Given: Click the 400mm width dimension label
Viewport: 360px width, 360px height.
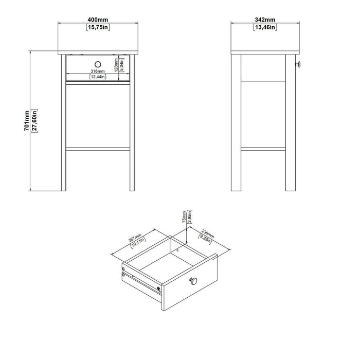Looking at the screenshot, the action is point(98,20).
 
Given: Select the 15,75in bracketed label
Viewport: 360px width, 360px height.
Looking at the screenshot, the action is point(98,27).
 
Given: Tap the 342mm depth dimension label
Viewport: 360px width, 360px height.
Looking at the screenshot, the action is point(265,20).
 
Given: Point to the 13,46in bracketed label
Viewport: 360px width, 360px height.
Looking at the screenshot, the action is point(265,27).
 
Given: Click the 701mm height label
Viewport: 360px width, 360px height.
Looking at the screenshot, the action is point(27,121).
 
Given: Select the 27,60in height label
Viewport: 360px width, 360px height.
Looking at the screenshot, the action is point(34,121).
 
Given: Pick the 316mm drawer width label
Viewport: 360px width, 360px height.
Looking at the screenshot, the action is point(98,71).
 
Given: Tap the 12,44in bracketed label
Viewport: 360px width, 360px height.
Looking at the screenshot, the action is point(98,77).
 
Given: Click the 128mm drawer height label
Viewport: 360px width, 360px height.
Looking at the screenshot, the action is point(116,65).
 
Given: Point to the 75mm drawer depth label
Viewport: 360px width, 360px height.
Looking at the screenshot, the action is point(184,217).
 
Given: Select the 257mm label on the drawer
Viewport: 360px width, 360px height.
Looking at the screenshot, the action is point(135,238).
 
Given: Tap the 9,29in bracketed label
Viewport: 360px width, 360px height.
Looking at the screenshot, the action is point(205,239).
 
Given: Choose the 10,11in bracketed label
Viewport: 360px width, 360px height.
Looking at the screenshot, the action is point(138,243).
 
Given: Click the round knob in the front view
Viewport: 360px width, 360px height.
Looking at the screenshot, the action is point(98,64).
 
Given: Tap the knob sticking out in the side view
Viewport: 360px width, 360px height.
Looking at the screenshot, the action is point(298,64).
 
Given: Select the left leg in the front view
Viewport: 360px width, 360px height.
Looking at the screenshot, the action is point(64,122).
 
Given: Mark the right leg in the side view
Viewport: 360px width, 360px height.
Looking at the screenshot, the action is point(291,122).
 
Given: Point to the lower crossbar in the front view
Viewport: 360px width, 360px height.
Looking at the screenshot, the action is point(98,149).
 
